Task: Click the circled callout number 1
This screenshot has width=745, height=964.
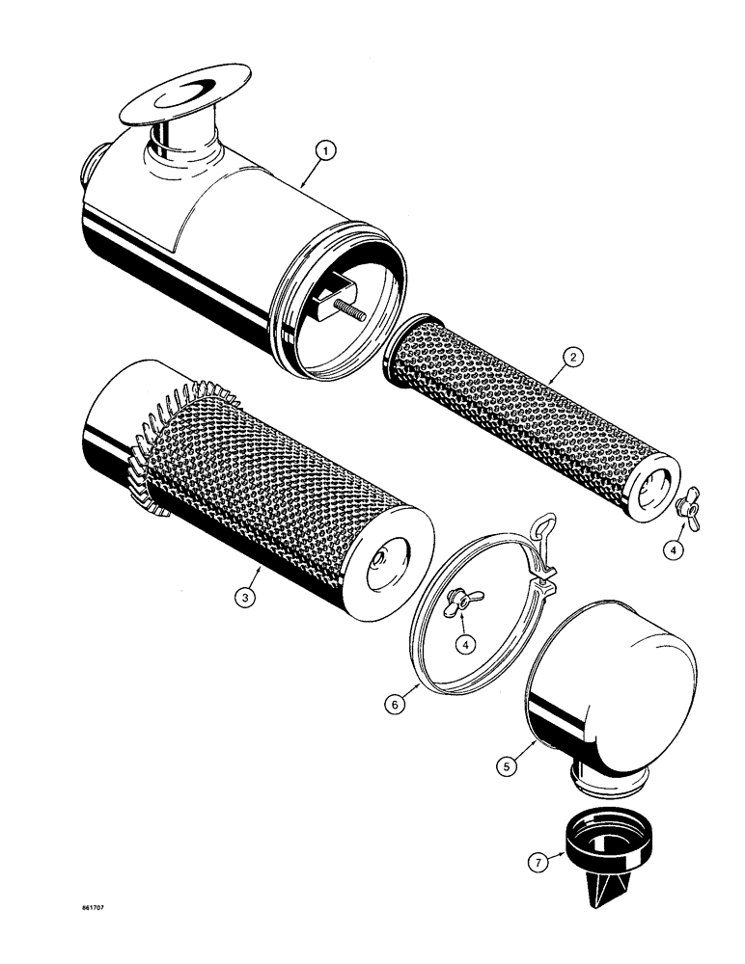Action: point(327,150)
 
